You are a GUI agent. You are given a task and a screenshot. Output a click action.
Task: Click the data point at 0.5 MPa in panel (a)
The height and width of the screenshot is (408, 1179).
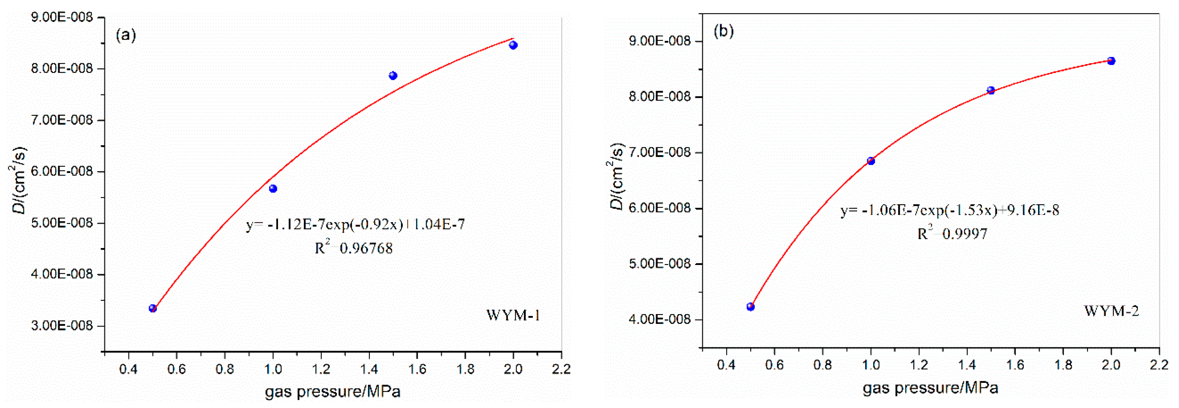[153, 308]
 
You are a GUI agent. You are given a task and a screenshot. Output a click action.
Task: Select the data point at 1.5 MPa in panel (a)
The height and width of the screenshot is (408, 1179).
[393, 76]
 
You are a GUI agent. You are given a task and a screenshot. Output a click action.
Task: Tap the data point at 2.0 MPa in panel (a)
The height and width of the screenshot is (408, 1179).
[513, 45]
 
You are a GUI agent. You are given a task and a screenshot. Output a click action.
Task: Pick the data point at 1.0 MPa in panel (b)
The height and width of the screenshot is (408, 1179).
[871, 161]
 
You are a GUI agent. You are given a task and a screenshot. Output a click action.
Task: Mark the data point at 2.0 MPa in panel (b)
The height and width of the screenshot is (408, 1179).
[1111, 61]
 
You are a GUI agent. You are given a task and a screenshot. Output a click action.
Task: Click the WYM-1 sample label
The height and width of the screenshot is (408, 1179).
[513, 315]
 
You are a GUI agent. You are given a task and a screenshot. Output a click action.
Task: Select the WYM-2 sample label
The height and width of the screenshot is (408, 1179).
[1111, 311]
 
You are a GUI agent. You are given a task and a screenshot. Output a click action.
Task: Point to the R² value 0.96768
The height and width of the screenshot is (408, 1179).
[354, 248]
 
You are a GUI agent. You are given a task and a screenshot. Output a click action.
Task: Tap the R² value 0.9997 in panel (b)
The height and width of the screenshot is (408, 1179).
[952, 234]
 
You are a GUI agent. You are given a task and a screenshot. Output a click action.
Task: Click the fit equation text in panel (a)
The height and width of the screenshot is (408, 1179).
[355, 224]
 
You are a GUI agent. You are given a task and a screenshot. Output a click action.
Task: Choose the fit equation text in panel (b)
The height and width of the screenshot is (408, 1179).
[950, 210]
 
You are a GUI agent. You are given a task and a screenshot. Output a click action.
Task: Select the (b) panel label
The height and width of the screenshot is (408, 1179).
[724, 31]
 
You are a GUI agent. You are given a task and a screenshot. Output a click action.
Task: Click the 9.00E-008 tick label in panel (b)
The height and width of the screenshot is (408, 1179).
[660, 41]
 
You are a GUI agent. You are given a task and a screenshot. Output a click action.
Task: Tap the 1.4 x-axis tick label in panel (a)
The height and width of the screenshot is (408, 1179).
[369, 369]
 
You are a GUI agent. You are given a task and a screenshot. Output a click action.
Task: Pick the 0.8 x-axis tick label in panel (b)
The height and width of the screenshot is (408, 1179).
[823, 365]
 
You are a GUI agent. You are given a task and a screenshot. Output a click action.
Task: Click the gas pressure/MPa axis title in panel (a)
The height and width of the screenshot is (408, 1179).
[333, 392]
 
